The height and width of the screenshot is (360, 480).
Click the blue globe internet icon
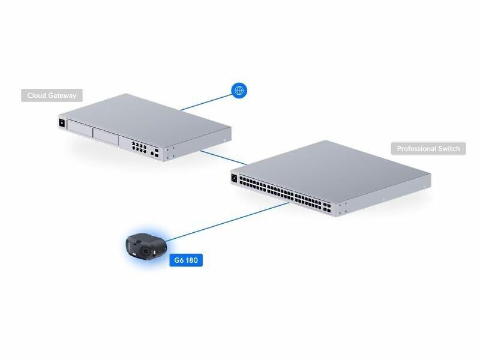tap(239, 91)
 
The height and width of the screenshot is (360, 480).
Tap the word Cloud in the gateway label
tap(37, 95)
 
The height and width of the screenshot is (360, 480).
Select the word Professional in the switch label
tap(416, 149)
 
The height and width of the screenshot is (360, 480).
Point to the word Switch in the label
tap(449, 148)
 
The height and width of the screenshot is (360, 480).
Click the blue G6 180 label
tap(186, 260)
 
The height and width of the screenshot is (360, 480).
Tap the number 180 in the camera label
tap(191, 260)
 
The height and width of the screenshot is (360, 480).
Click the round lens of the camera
tap(146, 251)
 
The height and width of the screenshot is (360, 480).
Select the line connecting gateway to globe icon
tap(206, 102)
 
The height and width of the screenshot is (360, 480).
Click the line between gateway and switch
tap(223, 158)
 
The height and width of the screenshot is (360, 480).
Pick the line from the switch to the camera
tap(227, 221)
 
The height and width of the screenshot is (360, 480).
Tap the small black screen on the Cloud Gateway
tap(62, 123)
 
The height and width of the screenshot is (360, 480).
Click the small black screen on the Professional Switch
tap(235, 178)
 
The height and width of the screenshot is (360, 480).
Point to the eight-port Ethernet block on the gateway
tap(139, 147)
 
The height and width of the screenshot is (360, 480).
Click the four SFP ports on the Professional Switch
tap(327, 207)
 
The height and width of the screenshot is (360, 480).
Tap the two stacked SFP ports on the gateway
tap(157, 153)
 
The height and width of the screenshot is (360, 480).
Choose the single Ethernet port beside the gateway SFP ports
tap(152, 153)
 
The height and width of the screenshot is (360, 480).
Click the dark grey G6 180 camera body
tap(146, 247)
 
